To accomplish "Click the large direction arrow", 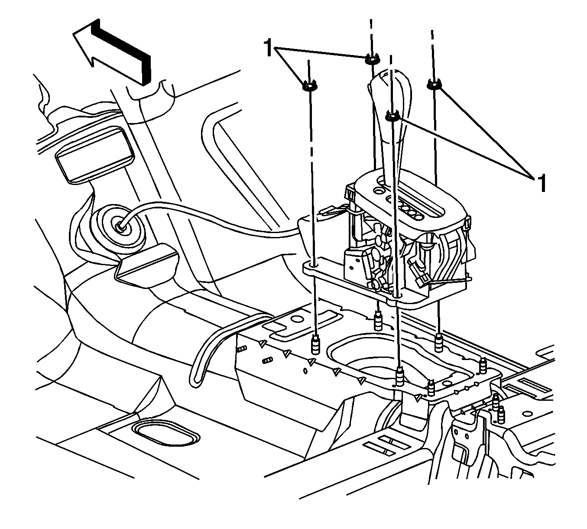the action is coord(114,53).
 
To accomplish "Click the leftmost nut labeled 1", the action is coord(309,86).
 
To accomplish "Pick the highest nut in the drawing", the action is coord(372,59).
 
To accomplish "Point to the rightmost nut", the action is coord(434,84).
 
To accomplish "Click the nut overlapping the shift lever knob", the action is coord(392,116).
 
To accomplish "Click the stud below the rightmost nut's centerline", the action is coord(438,342).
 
